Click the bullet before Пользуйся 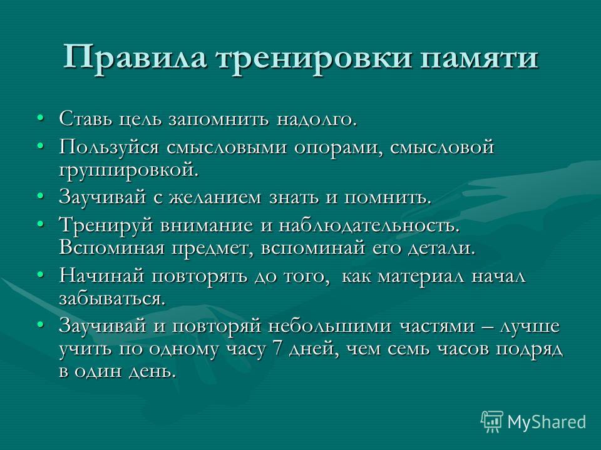pyautogui.click(x=40, y=146)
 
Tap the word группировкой pyautogui.click(x=129, y=170)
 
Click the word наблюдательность pyautogui.click(x=369, y=226)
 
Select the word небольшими pyautogui.click(x=330, y=326)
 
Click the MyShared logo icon pyautogui.click(x=492, y=421)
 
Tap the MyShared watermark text pyautogui.click(x=547, y=422)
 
